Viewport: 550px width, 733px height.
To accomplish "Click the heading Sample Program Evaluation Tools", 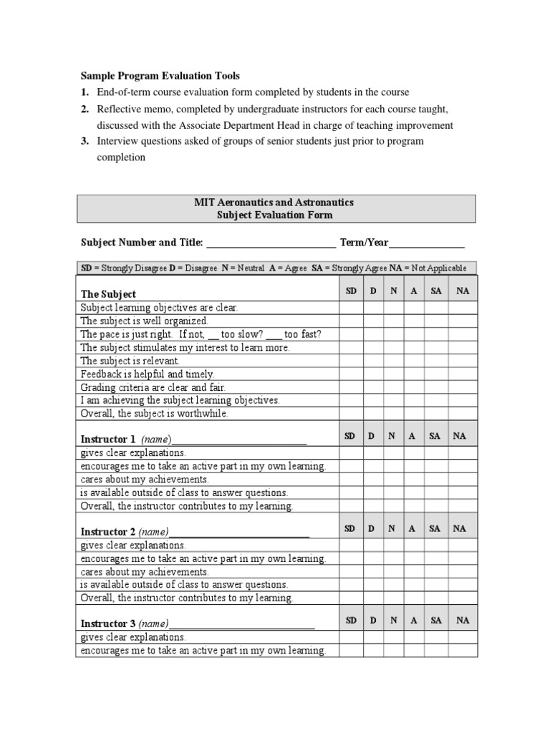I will (160, 76).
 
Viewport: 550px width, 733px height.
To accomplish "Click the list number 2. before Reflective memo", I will (85, 109).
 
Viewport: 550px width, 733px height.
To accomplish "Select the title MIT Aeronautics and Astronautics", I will (274, 203).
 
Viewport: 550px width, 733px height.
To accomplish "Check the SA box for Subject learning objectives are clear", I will (436, 308).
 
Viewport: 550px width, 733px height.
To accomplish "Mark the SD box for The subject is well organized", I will (351, 321).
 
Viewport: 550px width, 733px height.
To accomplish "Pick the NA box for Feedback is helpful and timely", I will (462, 374).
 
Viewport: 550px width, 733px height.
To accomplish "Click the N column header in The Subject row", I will (393, 291).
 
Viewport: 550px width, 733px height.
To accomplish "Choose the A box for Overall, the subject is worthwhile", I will (412, 414).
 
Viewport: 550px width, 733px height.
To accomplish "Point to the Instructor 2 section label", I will (107, 532).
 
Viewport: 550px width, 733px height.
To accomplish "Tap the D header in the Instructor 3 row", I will (372, 621).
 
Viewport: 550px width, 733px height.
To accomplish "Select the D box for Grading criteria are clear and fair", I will (372, 387).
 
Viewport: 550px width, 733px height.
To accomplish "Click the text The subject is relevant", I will (130, 361).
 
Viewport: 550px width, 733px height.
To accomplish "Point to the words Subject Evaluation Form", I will (274, 215).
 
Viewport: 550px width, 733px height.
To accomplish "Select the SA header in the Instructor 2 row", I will (435, 528).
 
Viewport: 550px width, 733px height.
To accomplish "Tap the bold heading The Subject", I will (108, 294).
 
